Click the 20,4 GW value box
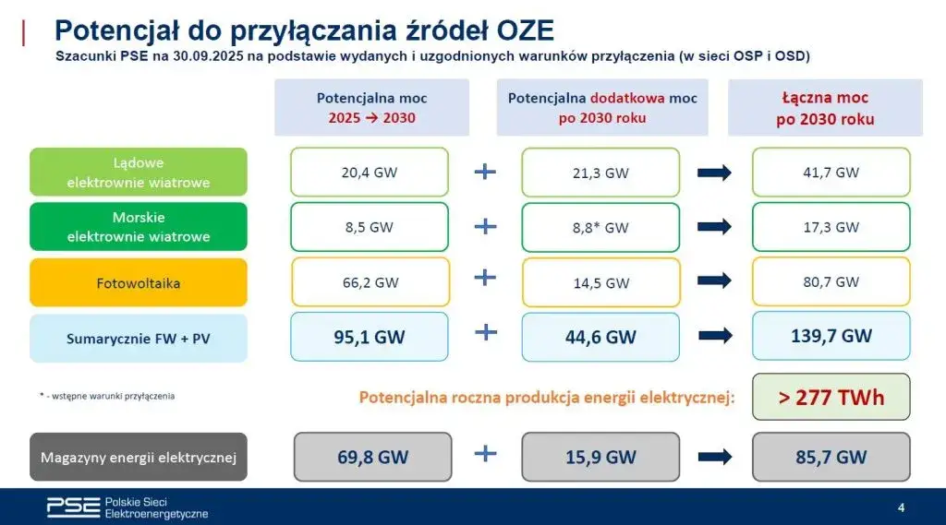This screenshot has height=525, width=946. click(370, 172)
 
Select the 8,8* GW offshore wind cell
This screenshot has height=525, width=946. click(600, 227)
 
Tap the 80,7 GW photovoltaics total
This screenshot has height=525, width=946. click(831, 281)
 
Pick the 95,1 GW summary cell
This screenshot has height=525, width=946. click(370, 337)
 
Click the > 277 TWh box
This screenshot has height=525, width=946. click(831, 398)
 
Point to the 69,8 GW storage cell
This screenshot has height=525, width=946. click(370, 457)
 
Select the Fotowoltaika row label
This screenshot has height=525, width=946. click(139, 282)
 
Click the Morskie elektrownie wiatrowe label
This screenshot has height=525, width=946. click(139, 227)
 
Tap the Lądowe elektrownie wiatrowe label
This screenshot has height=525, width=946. click(139, 173)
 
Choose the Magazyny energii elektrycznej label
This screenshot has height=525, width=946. click(139, 457)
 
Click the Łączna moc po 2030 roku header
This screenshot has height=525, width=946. click(826, 108)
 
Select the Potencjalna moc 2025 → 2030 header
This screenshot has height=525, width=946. click(371, 108)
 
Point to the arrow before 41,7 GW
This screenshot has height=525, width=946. click(715, 172)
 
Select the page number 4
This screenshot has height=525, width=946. click(901, 507)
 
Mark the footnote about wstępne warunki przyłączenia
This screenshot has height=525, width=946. click(107, 396)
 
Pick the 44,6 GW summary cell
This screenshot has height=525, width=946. click(600, 337)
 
